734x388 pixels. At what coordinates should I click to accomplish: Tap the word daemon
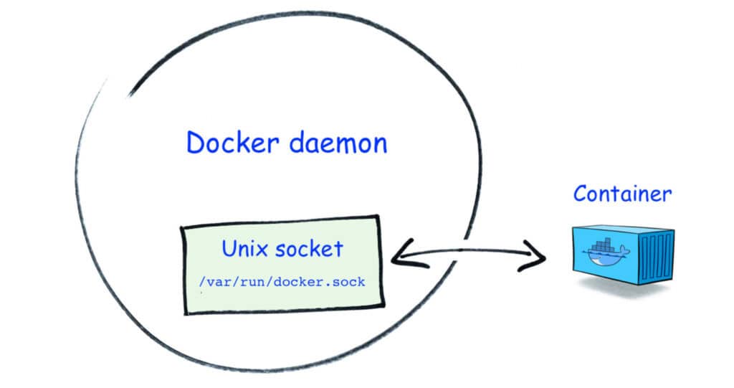[x=338, y=143]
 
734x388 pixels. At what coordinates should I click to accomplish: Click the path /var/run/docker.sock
[x=282, y=282]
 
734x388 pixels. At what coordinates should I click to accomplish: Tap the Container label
[x=622, y=193]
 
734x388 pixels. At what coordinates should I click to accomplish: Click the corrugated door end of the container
[x=655, y=257]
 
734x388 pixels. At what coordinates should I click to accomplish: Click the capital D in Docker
[x=196, y=143]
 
